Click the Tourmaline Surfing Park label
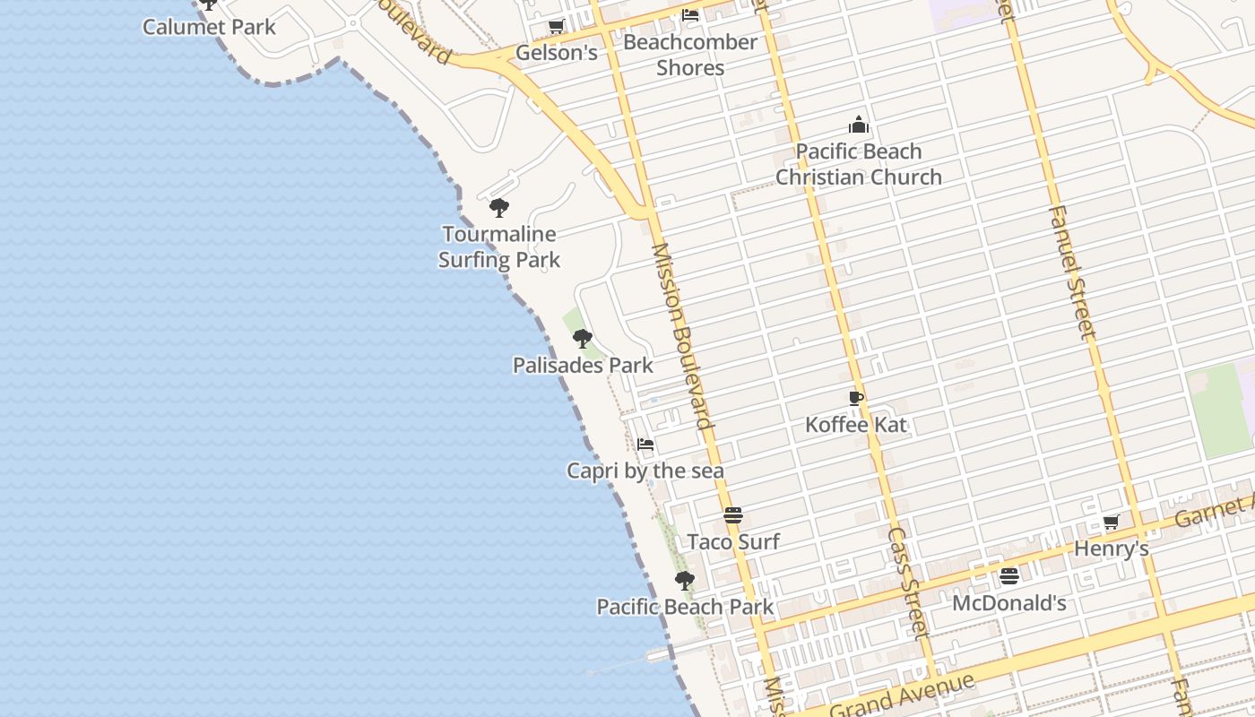click(499, 247)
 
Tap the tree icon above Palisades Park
click(583, 339)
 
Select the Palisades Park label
click(583, 366)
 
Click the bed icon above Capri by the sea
click(645, 445)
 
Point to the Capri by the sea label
click(645, 471)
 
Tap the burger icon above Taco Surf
click(733, 515)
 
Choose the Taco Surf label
click(733, 541)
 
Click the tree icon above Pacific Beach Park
click(685, 581)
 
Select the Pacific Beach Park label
click(685, 607)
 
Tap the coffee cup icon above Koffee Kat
click(856, 398)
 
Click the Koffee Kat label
click(856, 424)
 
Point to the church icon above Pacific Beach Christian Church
click(859, 125)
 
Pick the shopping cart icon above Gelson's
click(556, 27)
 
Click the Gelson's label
click(556, 53)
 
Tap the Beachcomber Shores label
click(690, 55)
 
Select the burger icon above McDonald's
click(1009, 576)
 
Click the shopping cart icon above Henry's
click(1112, 522)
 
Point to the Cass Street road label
click(908, 581)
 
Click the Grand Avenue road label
click(901, 695)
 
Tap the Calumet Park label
click(210, 27)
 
